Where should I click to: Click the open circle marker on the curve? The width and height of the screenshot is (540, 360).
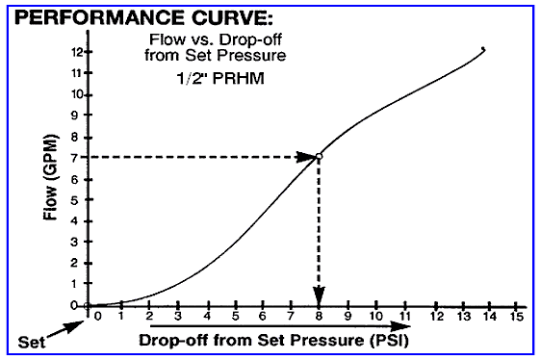click(x=319, y=156)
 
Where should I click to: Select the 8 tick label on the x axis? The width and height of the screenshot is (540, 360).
click(x=319, y=317)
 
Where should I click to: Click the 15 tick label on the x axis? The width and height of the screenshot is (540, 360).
click(x=517, y=317)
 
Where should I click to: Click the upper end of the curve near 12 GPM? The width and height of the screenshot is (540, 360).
click(x=482, y=49)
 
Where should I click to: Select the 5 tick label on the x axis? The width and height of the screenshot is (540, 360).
click(x=234, y=317)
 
